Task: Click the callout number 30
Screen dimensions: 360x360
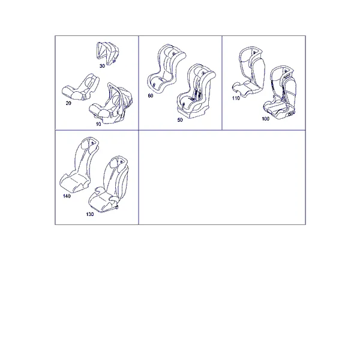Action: click(102, 66)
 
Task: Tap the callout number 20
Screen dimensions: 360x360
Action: click(68, 103)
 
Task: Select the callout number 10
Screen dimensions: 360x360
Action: click(98, 124)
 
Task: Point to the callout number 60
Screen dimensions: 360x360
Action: click(151, 95)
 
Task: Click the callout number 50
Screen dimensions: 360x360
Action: click(180, 120)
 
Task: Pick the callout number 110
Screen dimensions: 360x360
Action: click(236, 98)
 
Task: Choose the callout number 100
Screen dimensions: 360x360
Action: click(265, 119)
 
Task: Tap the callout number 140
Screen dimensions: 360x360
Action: click(67, 196)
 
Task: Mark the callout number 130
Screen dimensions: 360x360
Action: click(90, 214)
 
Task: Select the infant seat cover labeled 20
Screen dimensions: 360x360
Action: click(80, 87)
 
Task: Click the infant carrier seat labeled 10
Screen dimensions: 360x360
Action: click(112, 103)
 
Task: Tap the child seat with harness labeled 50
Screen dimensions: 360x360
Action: click(196, 92)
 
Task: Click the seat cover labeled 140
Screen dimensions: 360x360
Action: click(79, 166)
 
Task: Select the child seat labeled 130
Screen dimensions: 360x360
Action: click(109, 184)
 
